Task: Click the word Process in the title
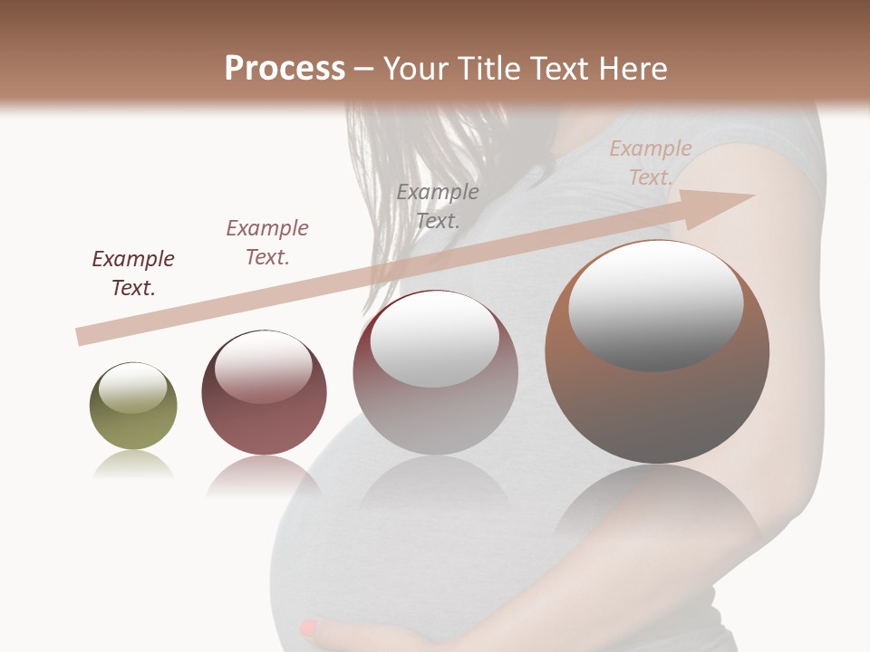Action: pos(285,69)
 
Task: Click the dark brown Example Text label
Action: pos(133,273)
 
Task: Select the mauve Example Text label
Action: pos(267,243)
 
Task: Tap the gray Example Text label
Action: pos(438,206)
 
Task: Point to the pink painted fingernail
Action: pos(309,627)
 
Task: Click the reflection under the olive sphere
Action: pos(133,466)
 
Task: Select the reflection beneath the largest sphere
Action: pos(657,507)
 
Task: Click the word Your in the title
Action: pos(413,69)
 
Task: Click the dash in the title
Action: pos(364,70)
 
